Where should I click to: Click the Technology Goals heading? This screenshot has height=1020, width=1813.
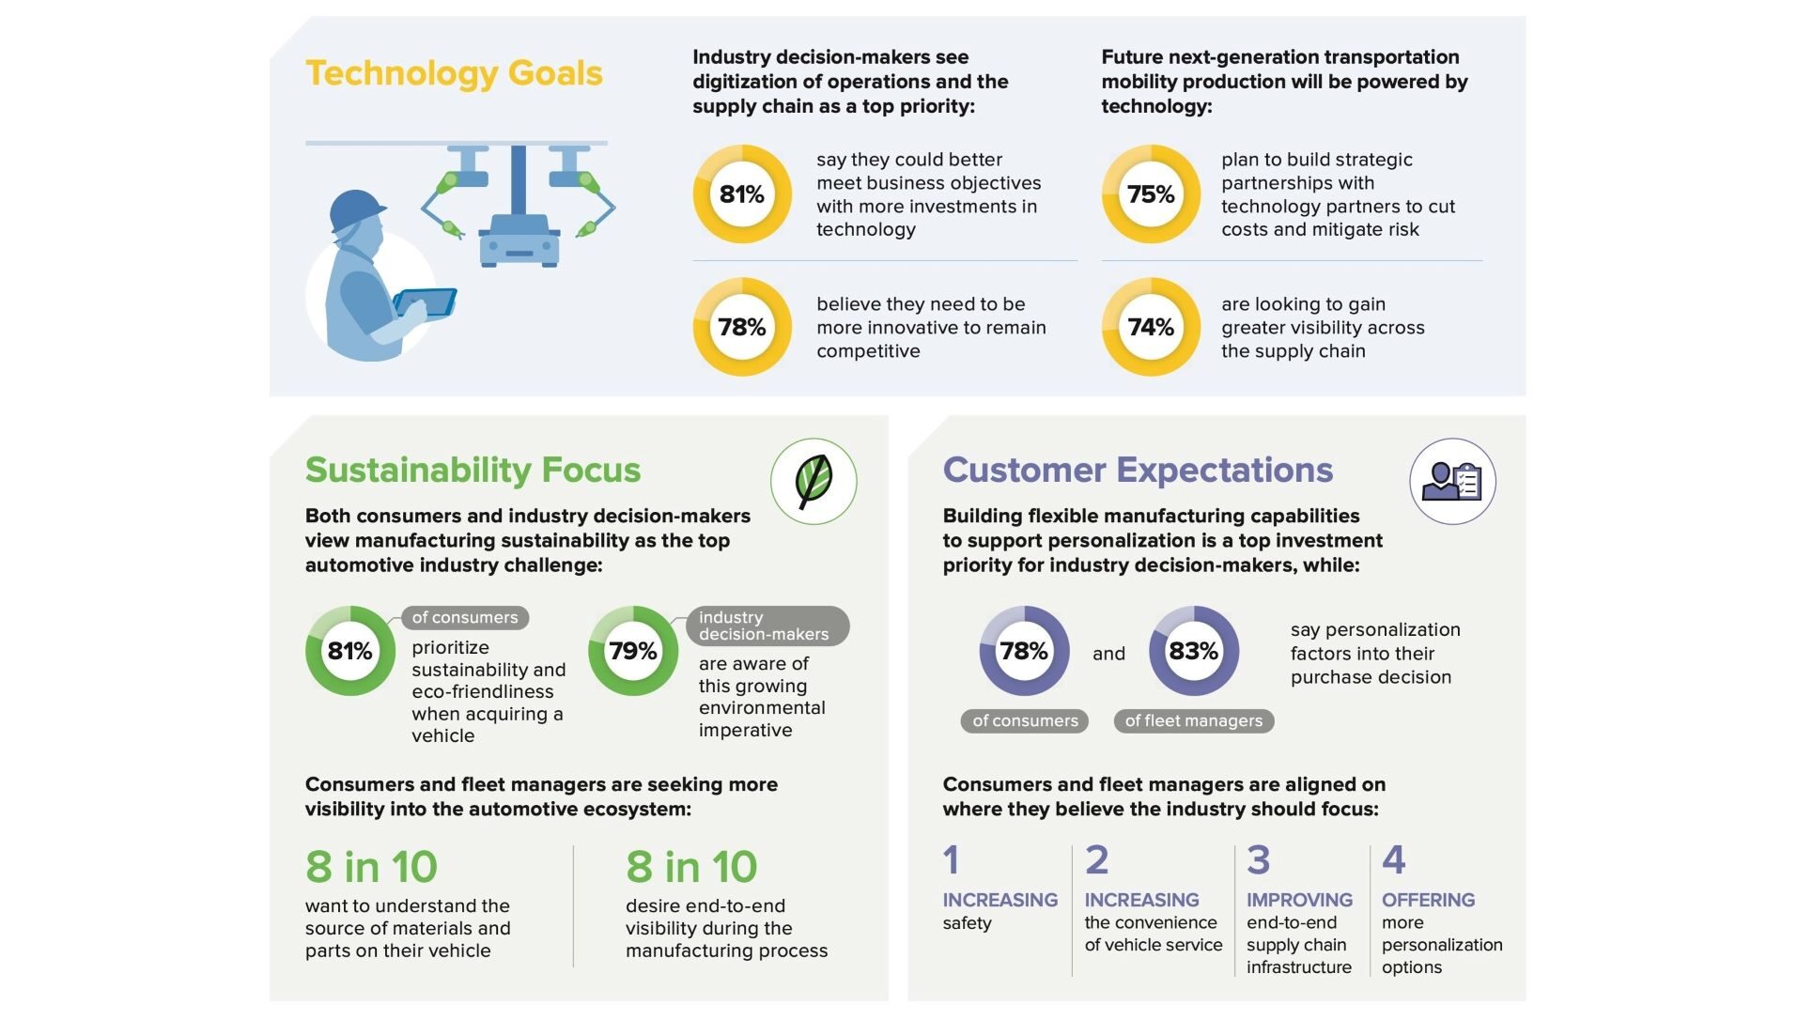454,73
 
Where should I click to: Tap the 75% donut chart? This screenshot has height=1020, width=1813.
1151,194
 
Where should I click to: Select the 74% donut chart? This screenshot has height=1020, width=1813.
1151,327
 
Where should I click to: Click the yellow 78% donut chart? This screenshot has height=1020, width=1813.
742,327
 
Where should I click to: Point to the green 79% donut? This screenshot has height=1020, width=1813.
633,651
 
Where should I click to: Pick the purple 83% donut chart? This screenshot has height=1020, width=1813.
1193,651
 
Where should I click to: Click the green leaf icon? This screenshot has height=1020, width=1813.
814,481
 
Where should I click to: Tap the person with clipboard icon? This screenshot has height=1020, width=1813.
1452,481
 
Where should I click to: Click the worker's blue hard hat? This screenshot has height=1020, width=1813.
357,209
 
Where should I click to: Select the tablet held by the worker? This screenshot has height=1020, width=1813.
425,302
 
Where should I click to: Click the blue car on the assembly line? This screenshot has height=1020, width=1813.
519,241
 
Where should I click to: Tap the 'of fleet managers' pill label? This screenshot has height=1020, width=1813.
1193,721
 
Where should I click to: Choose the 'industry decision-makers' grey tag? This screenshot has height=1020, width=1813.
767,626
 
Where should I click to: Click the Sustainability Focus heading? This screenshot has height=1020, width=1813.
473,470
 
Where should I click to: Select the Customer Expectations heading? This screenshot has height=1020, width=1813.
1138,470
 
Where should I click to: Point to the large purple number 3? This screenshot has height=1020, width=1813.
1258,859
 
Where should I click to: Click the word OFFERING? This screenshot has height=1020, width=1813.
1428,900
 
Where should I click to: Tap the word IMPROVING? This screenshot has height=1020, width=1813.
1299,900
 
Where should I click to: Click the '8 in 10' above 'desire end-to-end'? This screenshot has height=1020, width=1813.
691,866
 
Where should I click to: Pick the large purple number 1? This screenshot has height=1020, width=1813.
951,859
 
